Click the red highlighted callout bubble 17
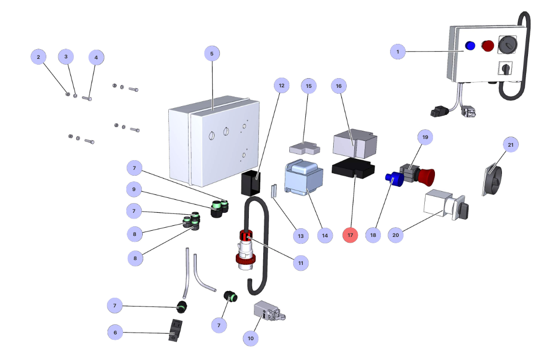pyautogui.click(x=351, y=235)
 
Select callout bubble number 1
pyautogui.click(x=398, y=51)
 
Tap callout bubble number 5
pyautogui.click(x=212, y=53)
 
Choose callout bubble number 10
pyautogui.click(x=250, y=338)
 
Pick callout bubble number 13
pyautogui.click(x=300, y=236)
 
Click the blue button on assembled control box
pyautogui.click(x=470, y=45)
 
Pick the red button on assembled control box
pyautogui.click(x=488, y=46)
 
